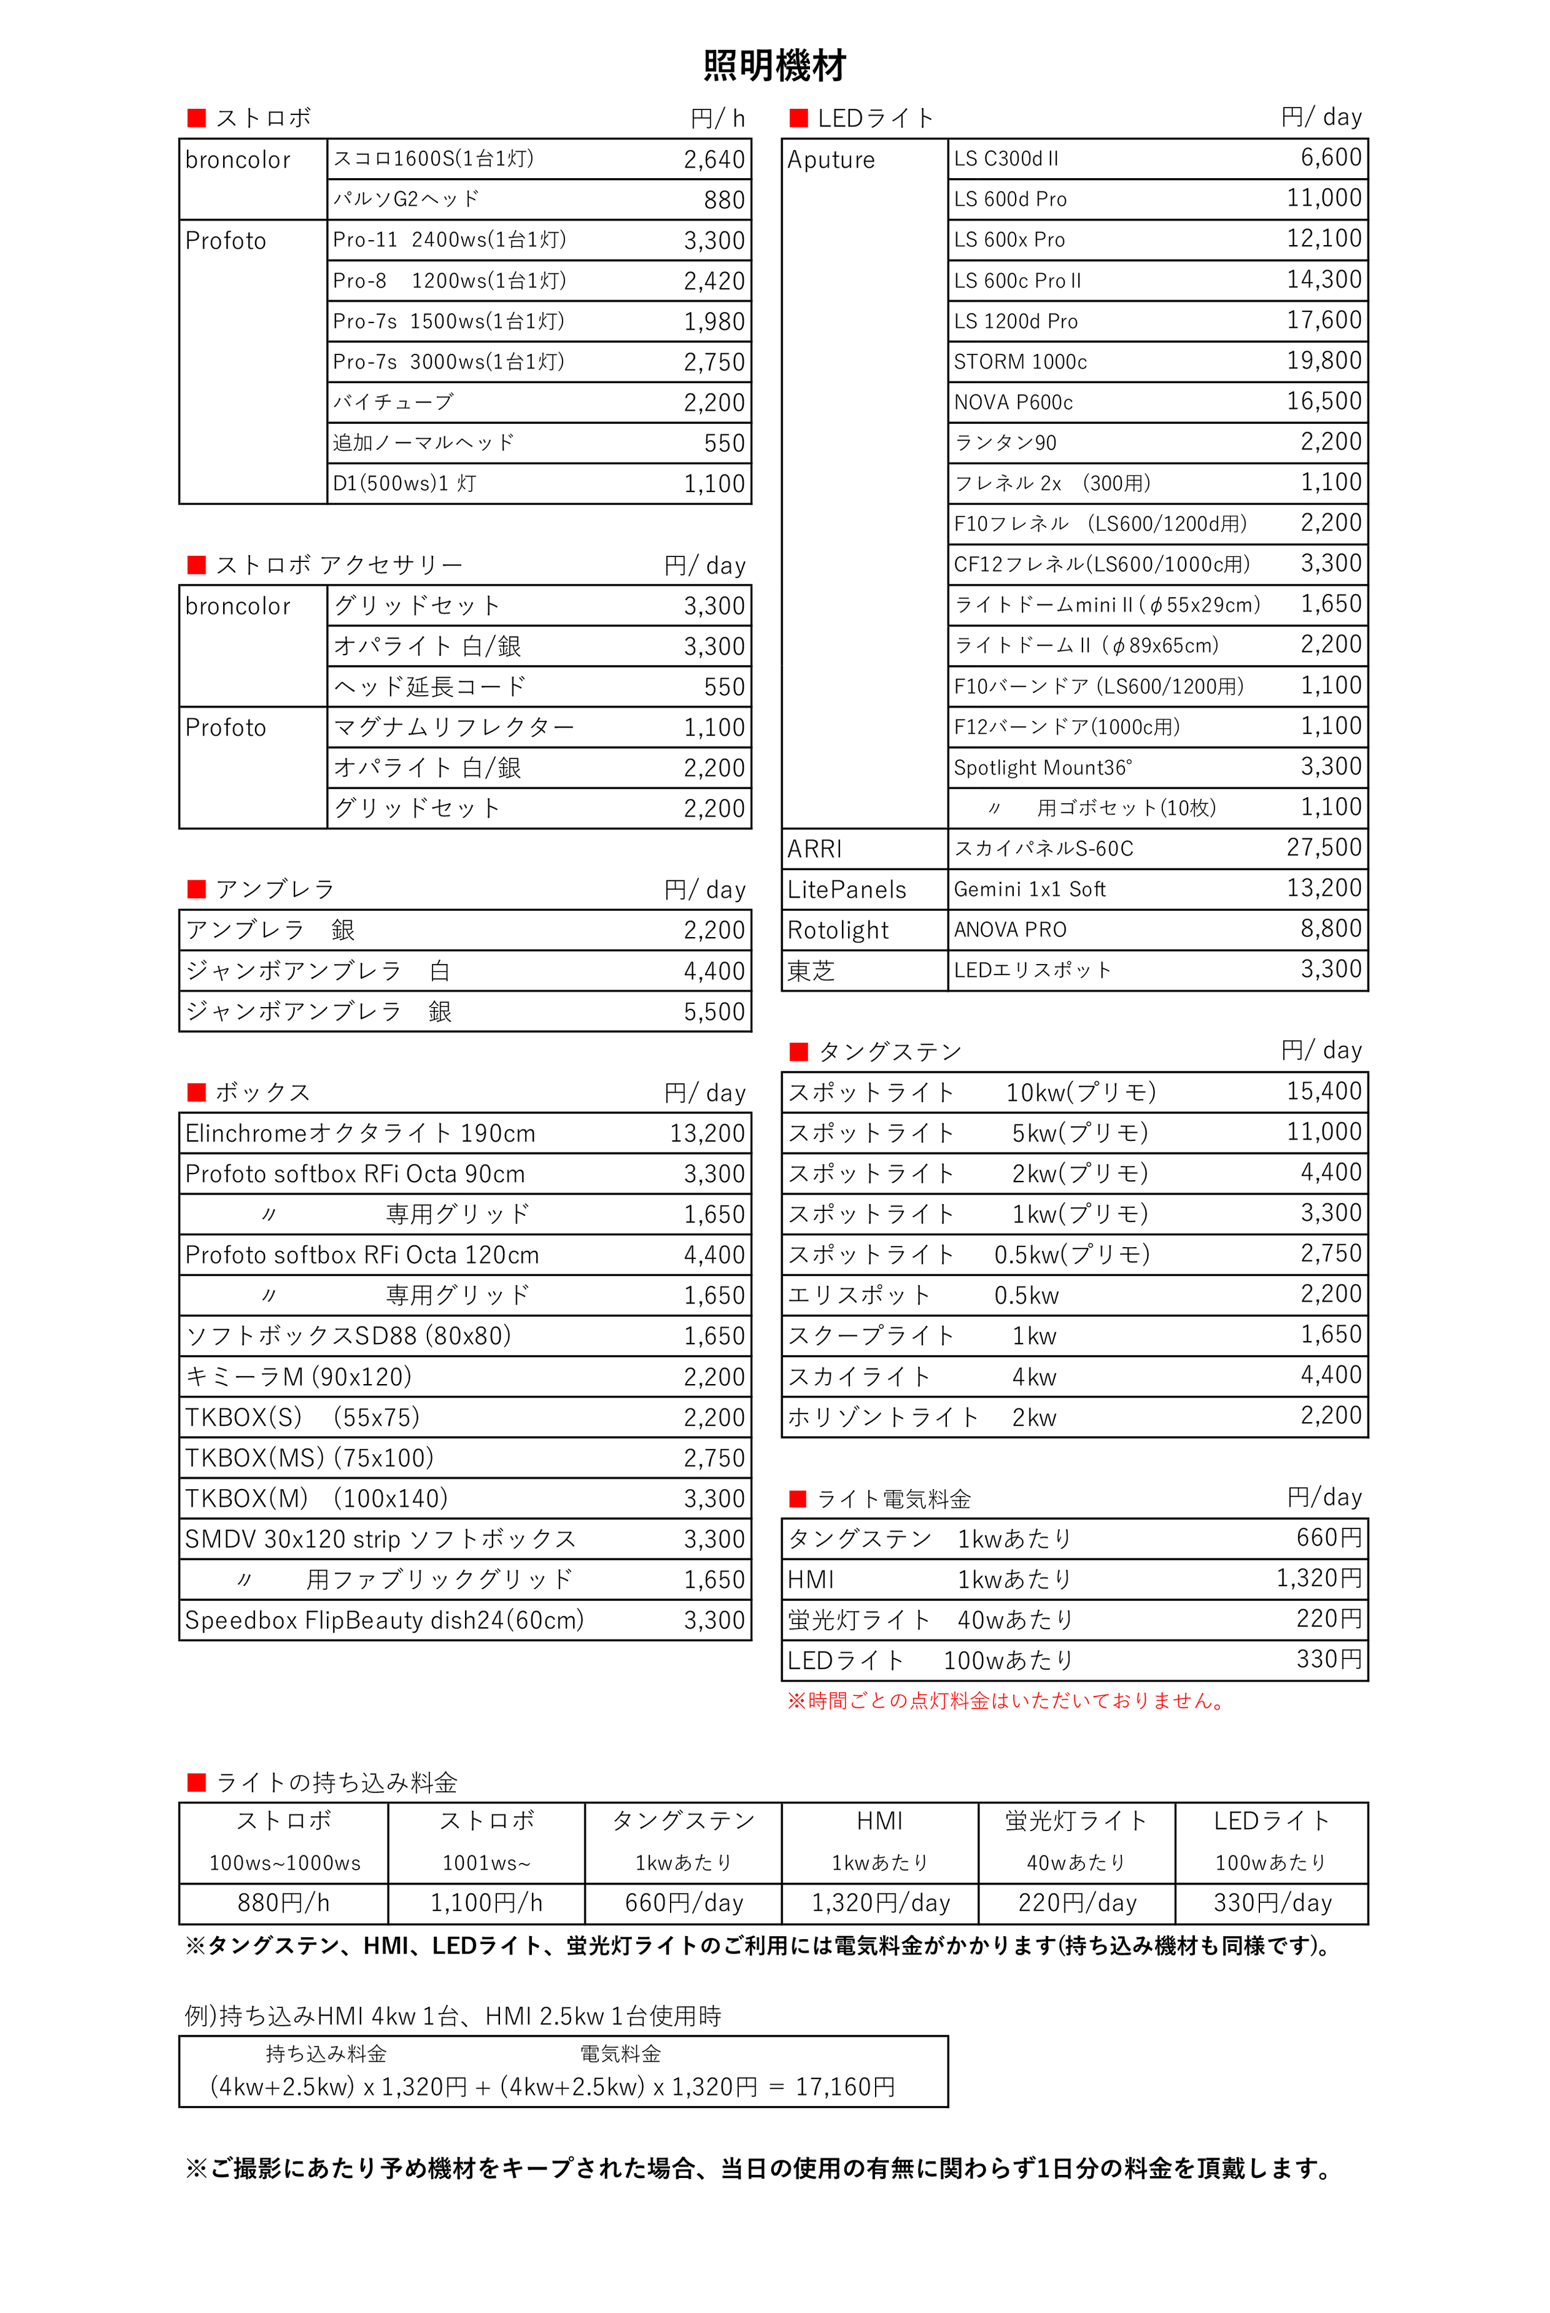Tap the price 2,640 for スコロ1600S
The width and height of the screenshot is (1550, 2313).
pyautogui.click(x=714, y=160)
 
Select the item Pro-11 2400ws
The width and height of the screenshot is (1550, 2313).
pyautogui.click(x=449, y=240)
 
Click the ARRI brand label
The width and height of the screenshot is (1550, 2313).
pyautogui.click(x=814, y=849)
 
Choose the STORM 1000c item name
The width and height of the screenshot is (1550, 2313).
pyautogui.click(x=1020, y=362)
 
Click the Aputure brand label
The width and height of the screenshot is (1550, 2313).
pyautogui.click(x=831, y=160)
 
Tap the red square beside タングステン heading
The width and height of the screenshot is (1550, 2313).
pyautogui.click(x=799, y=1051)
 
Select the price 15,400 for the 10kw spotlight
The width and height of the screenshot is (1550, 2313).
pyautogui.click(x=1324, y=1091)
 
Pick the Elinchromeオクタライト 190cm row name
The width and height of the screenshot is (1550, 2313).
pyautogui.click(x=360, y=1134)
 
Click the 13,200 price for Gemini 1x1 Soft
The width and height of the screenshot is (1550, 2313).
pyautogui.click(x=1324, y=888)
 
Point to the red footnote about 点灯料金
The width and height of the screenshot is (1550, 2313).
pyautogui.click(x=1006, y=1701)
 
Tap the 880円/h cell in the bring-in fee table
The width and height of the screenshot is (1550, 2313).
pyautogui.click(x=284, y=1903)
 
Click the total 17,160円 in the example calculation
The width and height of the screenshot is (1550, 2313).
pyautogui.click(x=845, y=2087)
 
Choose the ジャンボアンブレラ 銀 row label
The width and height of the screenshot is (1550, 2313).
pyautogui.click(x=318, y=1012)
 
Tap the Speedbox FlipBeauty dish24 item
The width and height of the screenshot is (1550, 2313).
pyautogui.click(x=384, y=1620)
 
